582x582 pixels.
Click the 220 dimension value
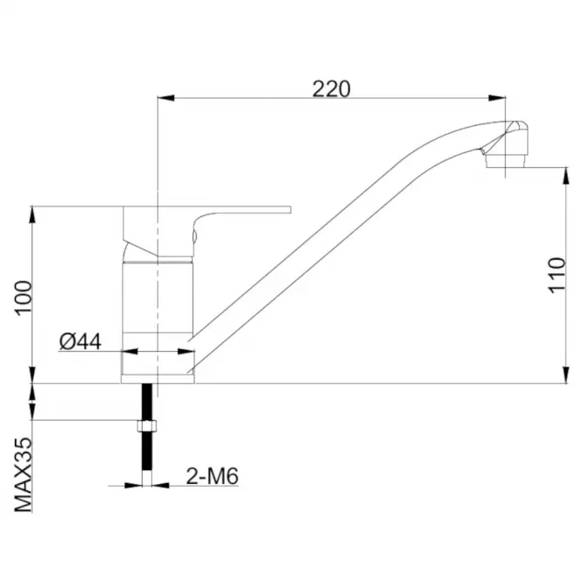[x=331, y=88]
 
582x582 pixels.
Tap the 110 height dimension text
[x=557, y=275]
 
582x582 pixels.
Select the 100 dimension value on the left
[x=24, y=298]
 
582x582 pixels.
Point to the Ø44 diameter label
[x=81, y=341]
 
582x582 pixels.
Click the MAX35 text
[x=24, y=474]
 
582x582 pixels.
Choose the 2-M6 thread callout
[x=212, y=476]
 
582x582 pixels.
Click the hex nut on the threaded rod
[x=147, y=425]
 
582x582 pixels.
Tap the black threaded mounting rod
[x=147, y=427]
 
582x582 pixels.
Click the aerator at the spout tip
[x=506, y=162]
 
